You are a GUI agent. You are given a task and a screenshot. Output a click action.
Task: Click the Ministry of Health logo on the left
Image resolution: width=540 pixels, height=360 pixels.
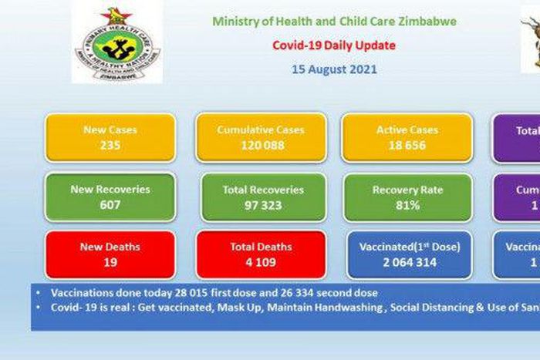[x=117, y=42]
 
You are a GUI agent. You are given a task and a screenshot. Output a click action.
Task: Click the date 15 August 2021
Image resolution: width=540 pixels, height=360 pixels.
[x=334, y=69]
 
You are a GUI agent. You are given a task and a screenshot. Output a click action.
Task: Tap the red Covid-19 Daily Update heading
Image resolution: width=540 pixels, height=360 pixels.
[x=334, y=45]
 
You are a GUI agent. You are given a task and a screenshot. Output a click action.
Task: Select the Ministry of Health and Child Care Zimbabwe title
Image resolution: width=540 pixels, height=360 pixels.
[x=334, y=22]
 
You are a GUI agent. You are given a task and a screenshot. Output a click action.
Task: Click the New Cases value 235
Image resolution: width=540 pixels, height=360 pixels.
[x=110, y=144]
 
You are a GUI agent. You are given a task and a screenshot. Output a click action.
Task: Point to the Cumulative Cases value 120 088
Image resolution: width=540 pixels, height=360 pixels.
[x=261, y=144]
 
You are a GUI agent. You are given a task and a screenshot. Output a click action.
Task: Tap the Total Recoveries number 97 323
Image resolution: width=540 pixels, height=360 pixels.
[x=262, y=204]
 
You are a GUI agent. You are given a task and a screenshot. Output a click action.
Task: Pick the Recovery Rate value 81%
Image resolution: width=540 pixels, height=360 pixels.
[x=407, y=204]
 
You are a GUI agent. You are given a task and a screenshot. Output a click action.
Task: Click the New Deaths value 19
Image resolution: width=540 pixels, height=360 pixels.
[x=110, y=262]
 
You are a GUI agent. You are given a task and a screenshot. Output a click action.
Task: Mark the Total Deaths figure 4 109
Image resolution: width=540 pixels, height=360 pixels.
[x=261, y=262]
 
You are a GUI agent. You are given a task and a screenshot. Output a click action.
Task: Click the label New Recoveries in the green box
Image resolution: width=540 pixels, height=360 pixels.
[x=110, y=189]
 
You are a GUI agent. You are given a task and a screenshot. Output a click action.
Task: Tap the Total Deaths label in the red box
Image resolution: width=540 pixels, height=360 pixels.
[x=261, y=247]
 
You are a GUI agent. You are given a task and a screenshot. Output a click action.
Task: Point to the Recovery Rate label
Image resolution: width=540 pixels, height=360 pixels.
[x=407, y=189]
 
